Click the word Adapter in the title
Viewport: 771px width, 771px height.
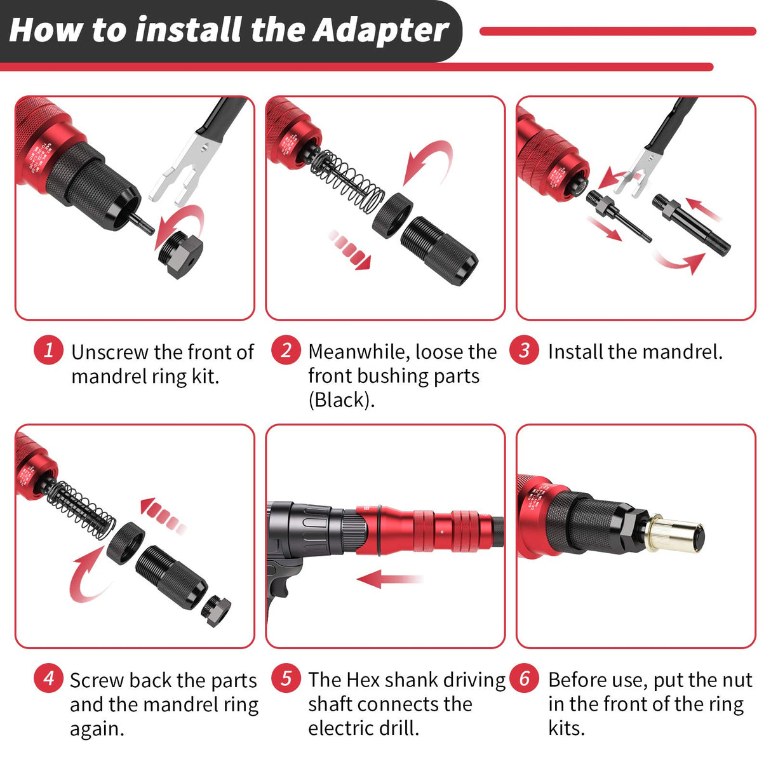pos(381,30)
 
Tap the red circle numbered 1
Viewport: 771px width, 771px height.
pos(49,350)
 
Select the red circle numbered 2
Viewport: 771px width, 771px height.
pos(286,350)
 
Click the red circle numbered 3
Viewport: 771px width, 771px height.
pos(524,350)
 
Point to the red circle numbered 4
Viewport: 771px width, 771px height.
pos(49,678)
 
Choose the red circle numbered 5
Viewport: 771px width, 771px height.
pos(286,678)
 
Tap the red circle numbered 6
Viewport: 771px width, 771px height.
pos(524,678)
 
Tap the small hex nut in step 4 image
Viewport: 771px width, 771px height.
pos(216,610)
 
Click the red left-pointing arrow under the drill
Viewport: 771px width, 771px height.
pos(387,579)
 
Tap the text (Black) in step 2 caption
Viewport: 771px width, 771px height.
pos(341,400)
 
